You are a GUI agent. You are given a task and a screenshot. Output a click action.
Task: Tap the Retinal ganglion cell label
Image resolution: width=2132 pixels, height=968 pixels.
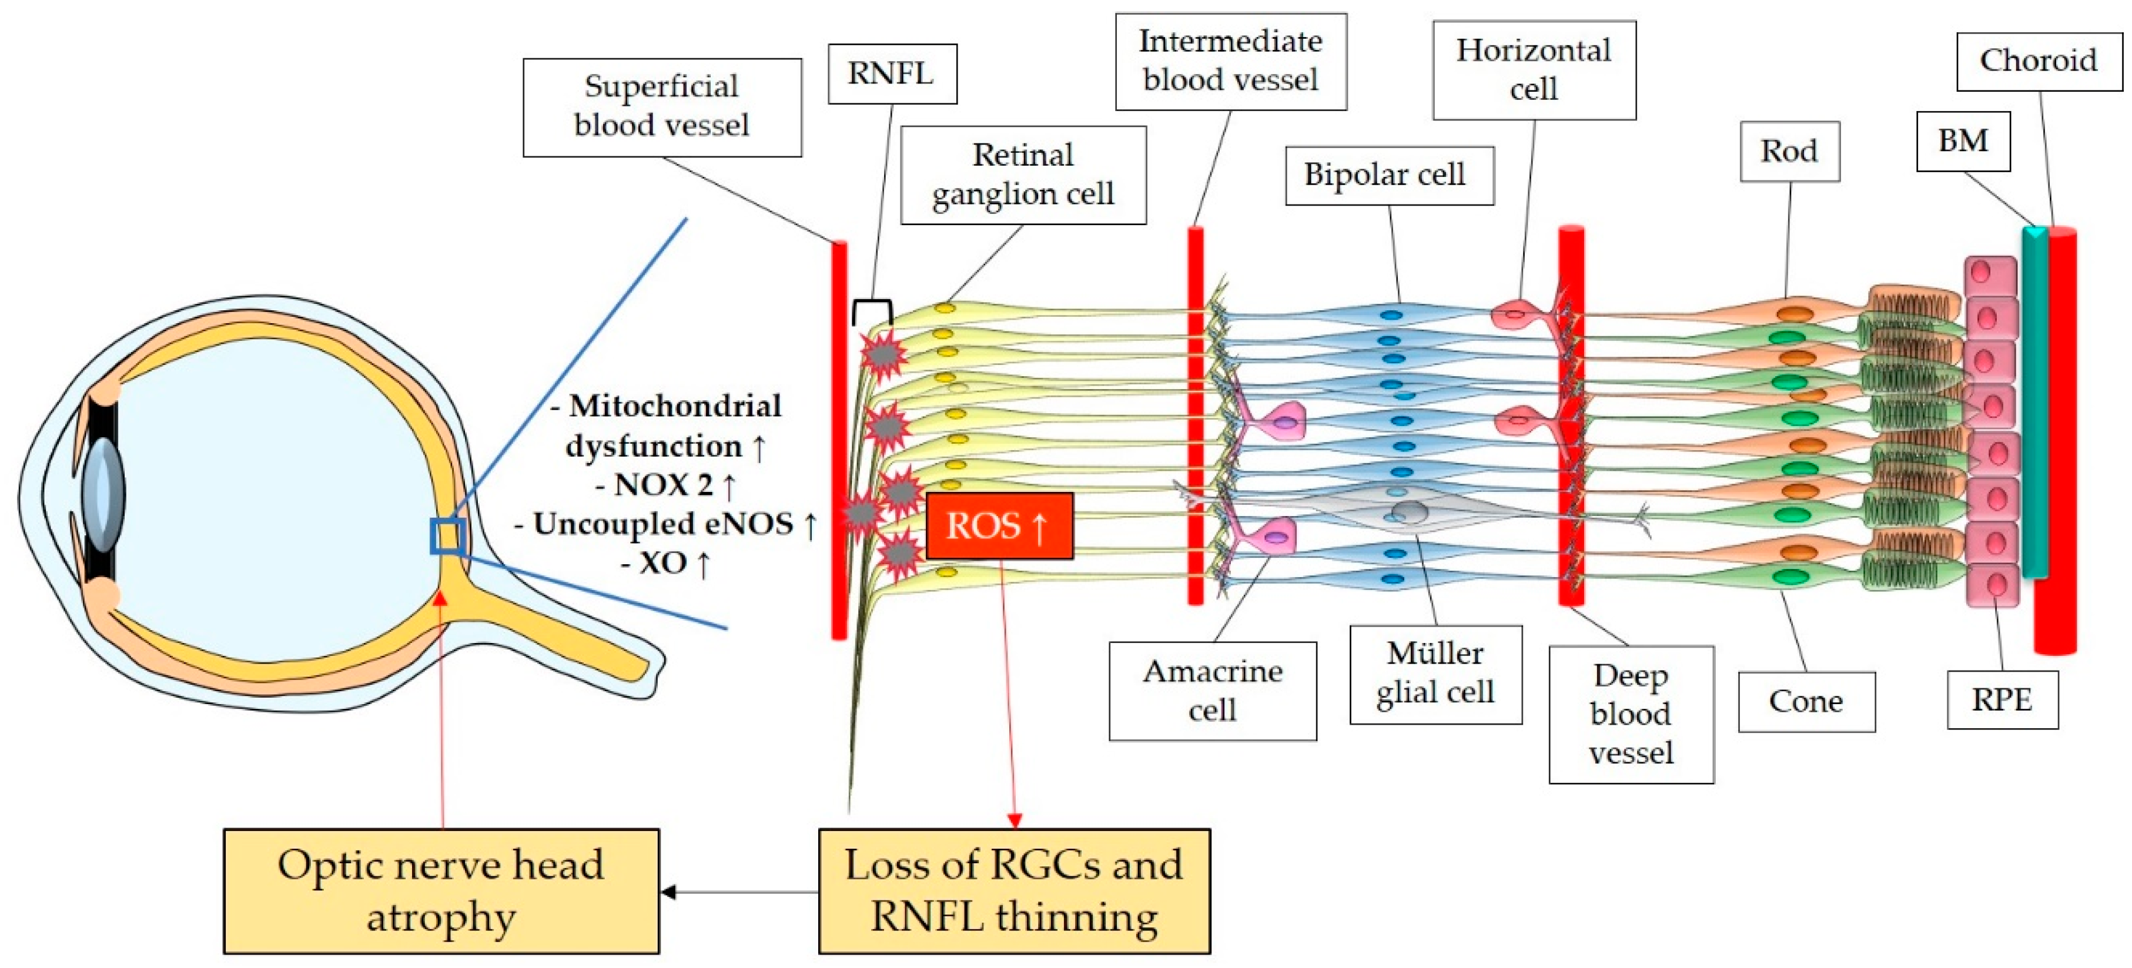[1022, 175]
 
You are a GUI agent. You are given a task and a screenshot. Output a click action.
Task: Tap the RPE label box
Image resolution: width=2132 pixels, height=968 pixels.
[2002, 700]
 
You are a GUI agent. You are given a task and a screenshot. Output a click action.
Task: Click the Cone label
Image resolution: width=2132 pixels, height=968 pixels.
[1806, 702]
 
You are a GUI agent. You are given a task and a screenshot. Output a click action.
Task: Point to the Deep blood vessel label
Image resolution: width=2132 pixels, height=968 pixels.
[1631, 714]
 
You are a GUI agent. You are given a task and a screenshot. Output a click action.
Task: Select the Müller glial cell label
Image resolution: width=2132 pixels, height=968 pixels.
[1435, 674]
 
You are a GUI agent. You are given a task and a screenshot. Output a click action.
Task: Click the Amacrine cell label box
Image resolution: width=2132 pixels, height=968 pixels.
[1213, 691]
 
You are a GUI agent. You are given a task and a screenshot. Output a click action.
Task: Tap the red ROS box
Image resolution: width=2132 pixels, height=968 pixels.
[999, 526]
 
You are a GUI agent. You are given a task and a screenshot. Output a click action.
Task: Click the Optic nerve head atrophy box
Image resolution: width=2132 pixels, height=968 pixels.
[441, 891]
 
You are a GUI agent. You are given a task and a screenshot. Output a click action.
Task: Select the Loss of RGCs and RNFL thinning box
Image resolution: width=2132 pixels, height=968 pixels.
[1014, 891]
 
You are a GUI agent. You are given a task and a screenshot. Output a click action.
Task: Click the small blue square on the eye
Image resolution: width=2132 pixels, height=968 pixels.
[447, 536]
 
